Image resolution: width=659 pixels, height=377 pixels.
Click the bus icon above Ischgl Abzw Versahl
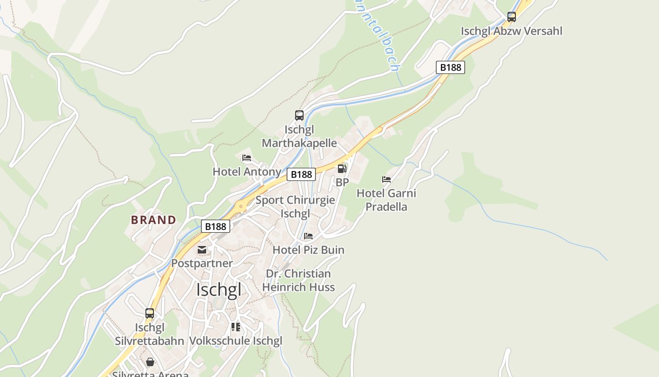[511, 17]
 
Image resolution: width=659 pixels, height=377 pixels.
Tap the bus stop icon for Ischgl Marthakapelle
[299, 115]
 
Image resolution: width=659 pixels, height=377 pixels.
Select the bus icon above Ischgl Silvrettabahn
[149, 313]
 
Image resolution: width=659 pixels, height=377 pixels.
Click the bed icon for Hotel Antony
[247, 158]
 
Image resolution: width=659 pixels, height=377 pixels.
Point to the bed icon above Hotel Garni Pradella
[386, 180]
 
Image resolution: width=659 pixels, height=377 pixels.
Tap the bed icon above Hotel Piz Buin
[308, 236]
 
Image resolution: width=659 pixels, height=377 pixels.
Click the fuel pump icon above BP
[342, 168]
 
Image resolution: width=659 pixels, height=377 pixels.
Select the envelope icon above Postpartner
[202, 249]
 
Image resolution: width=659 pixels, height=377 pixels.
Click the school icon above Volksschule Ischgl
[236, 327]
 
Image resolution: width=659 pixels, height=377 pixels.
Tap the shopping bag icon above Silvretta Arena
[150, 362]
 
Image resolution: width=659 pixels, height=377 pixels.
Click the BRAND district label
[153, 220]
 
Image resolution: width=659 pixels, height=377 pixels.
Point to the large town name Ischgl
[219, 289]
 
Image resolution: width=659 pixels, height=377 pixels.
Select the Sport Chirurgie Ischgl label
[295, 206]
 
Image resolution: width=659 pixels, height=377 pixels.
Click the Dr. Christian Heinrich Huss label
[298, 280]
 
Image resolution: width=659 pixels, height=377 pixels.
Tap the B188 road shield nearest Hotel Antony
[301, 174]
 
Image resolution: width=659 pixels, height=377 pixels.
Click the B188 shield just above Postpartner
[216, 226]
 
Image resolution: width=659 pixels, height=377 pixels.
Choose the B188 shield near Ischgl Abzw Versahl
[450, 67]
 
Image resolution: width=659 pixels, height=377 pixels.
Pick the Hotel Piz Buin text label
[309, 250]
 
